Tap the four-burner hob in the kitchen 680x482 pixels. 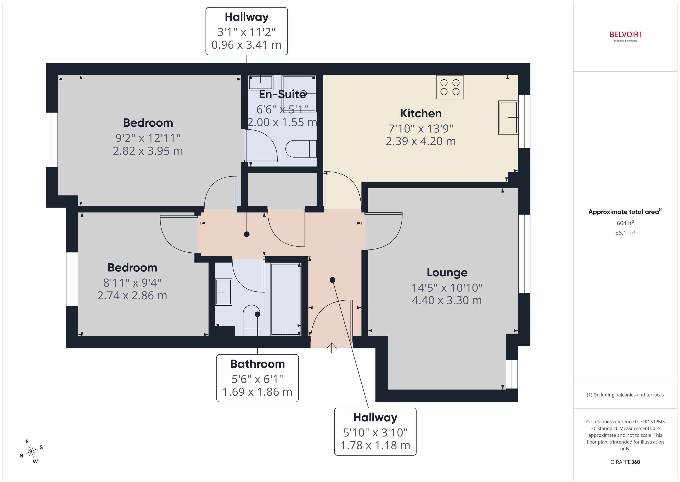click(x=450, y=87)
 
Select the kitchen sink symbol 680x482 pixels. click(x=508, y=118)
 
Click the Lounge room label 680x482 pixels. click(x=447, y=272)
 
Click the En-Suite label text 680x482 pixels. click(x=282, y=94)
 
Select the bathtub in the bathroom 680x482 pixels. click(x=286, y=299)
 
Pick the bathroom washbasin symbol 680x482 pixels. click(x=223, y=292)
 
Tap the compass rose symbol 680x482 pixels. click(x=31, y=452)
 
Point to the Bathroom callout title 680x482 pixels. click(x=257, y=364)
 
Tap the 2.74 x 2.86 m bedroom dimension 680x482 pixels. click(x=132, y=296)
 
